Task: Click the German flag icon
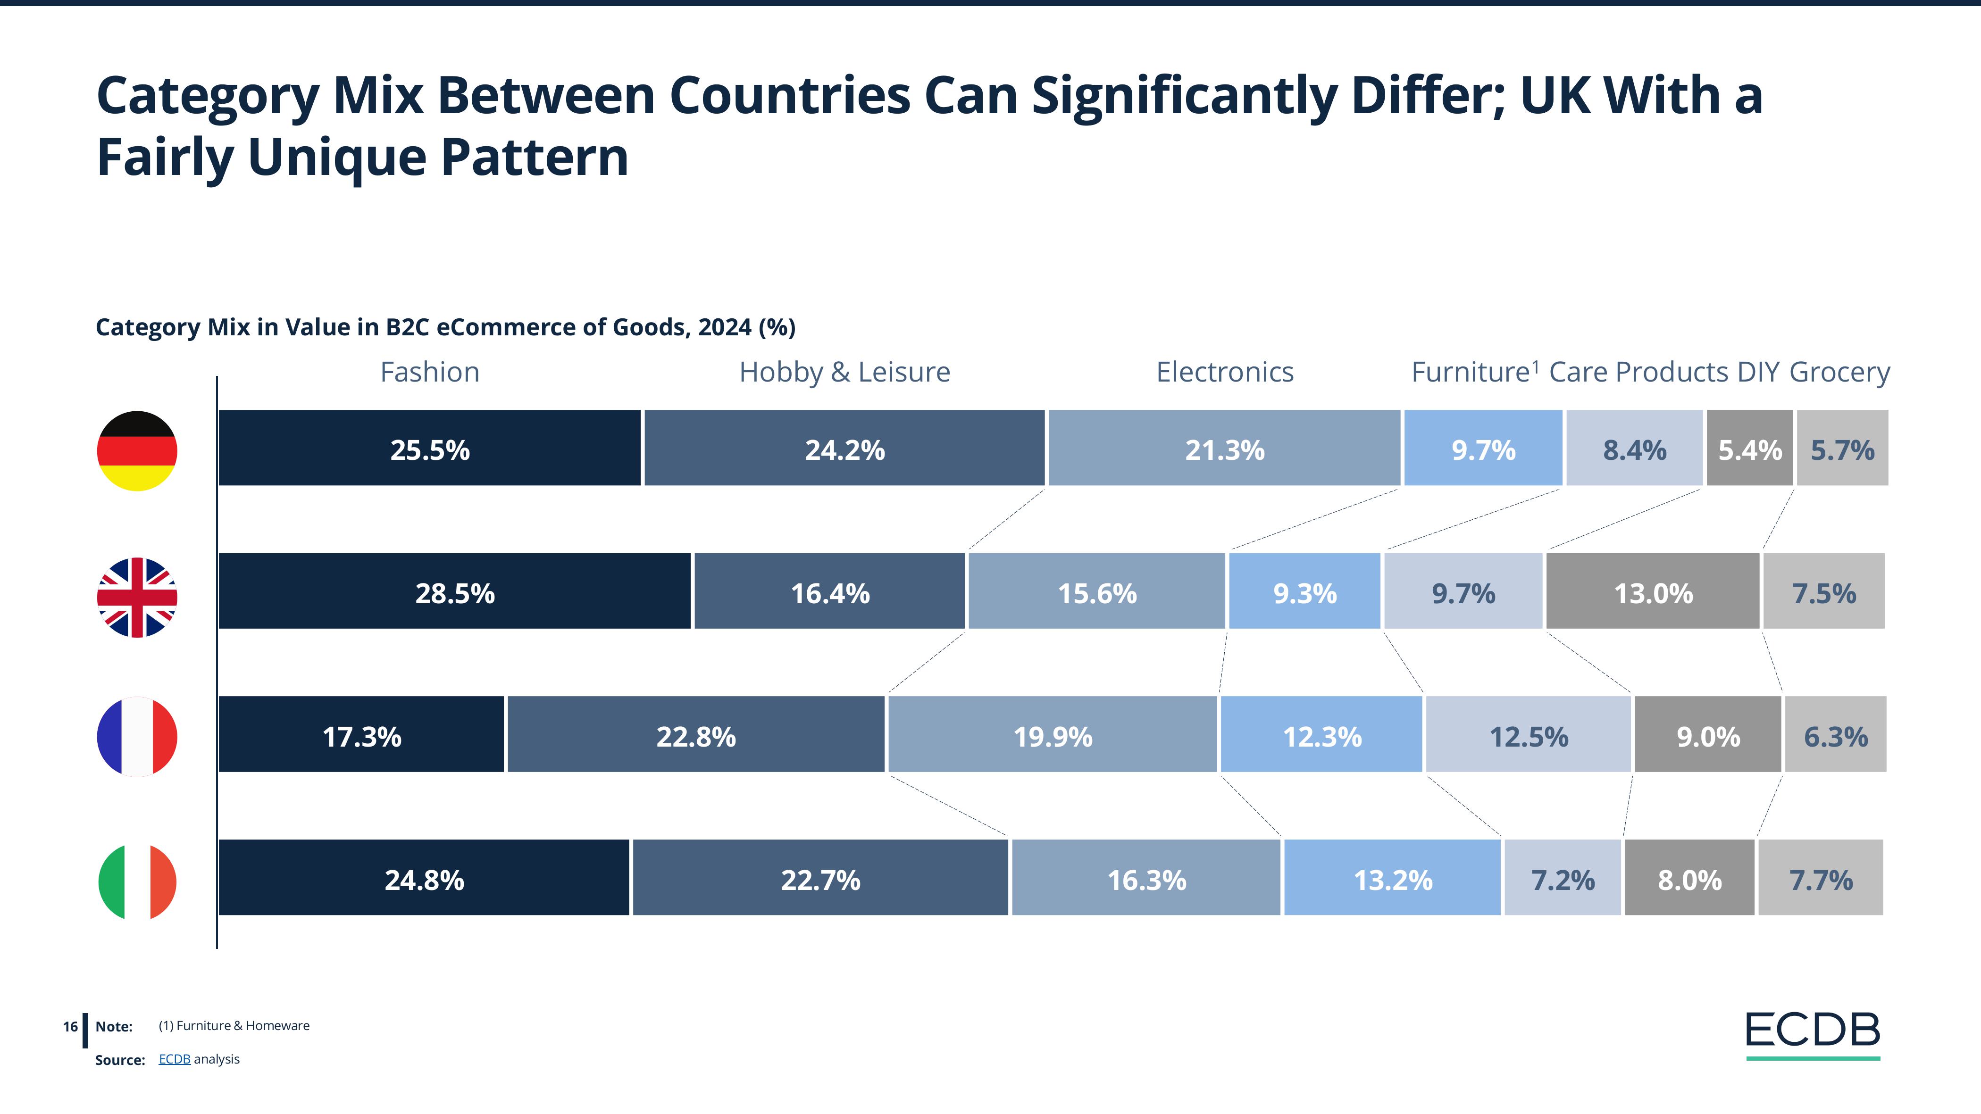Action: [x=137, y=450]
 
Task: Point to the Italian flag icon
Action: [x=137, y=881]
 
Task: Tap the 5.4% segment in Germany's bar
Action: [x=1749, y=449]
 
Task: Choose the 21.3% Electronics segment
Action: [x=1224, y=449]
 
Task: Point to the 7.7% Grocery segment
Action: [x=1820, y=878]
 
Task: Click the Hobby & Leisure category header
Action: [x=844, y=372]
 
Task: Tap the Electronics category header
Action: [x=1224, y=372]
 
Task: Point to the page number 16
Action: [x=70, y=1026]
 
